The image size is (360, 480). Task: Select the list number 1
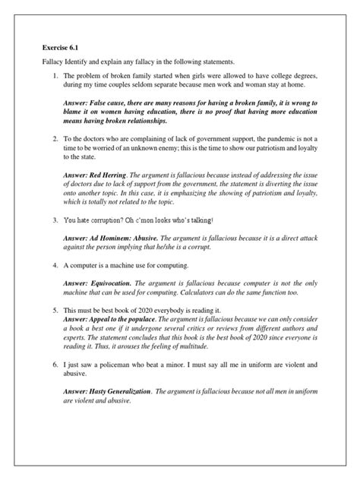click(x=55, y=76)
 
